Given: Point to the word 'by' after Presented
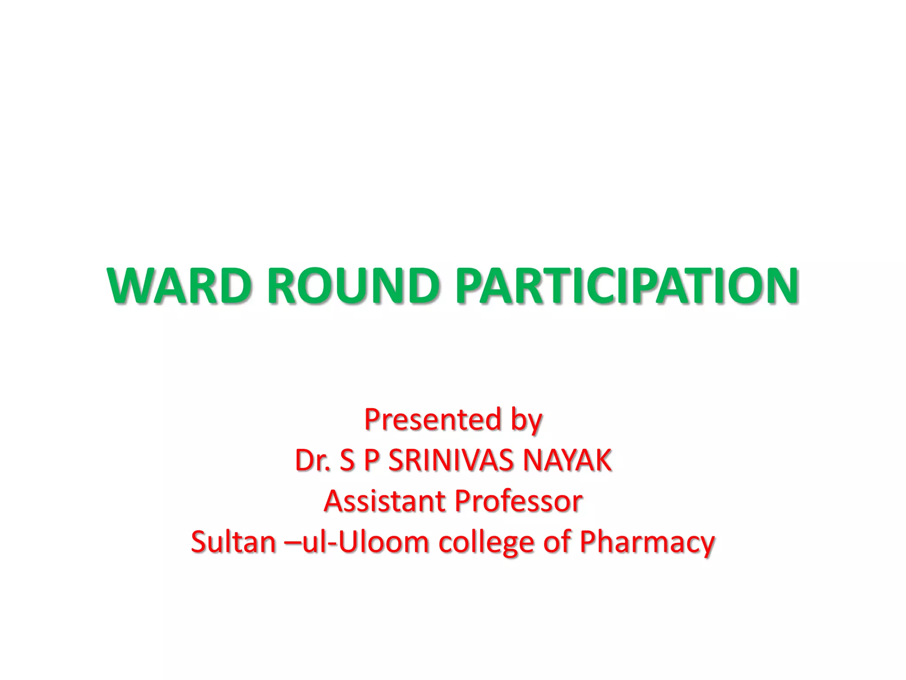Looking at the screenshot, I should point(526,421).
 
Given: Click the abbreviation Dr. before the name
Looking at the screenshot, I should point(312,460).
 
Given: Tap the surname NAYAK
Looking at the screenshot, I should point(568,460).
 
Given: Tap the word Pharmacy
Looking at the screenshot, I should point(647,542).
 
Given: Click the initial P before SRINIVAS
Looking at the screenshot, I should point(372,460).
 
